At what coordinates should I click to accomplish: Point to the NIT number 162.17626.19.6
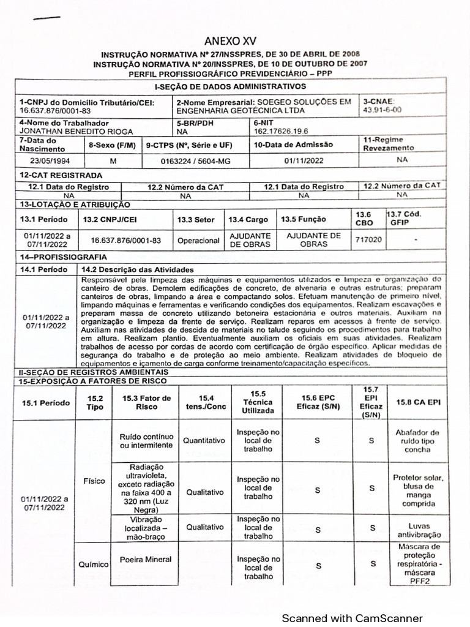coord(281,130)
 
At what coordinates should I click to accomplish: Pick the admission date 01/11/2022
coord(305,161)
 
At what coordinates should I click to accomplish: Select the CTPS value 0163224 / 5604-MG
coord(196,161)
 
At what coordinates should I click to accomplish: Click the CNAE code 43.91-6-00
coord(382,110)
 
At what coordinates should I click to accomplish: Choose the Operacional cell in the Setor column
coord(198,241)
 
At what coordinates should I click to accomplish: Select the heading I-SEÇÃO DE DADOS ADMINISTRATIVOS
coord(230,87)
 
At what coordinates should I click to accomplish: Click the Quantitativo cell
coord(205,440)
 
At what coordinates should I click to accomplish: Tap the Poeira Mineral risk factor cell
coord(146,559)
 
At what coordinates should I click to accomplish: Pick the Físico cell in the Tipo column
coord(95,481)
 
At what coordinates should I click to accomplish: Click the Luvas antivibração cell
coord(415,530)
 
